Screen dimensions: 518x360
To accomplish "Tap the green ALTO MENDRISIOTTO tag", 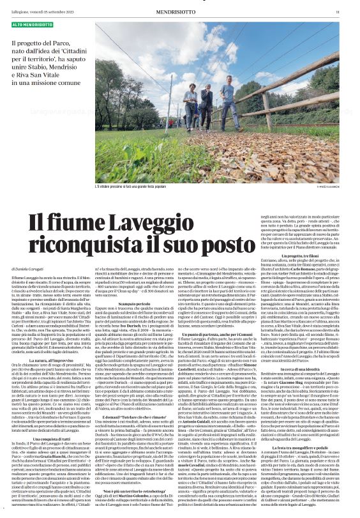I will click(33, 24).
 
